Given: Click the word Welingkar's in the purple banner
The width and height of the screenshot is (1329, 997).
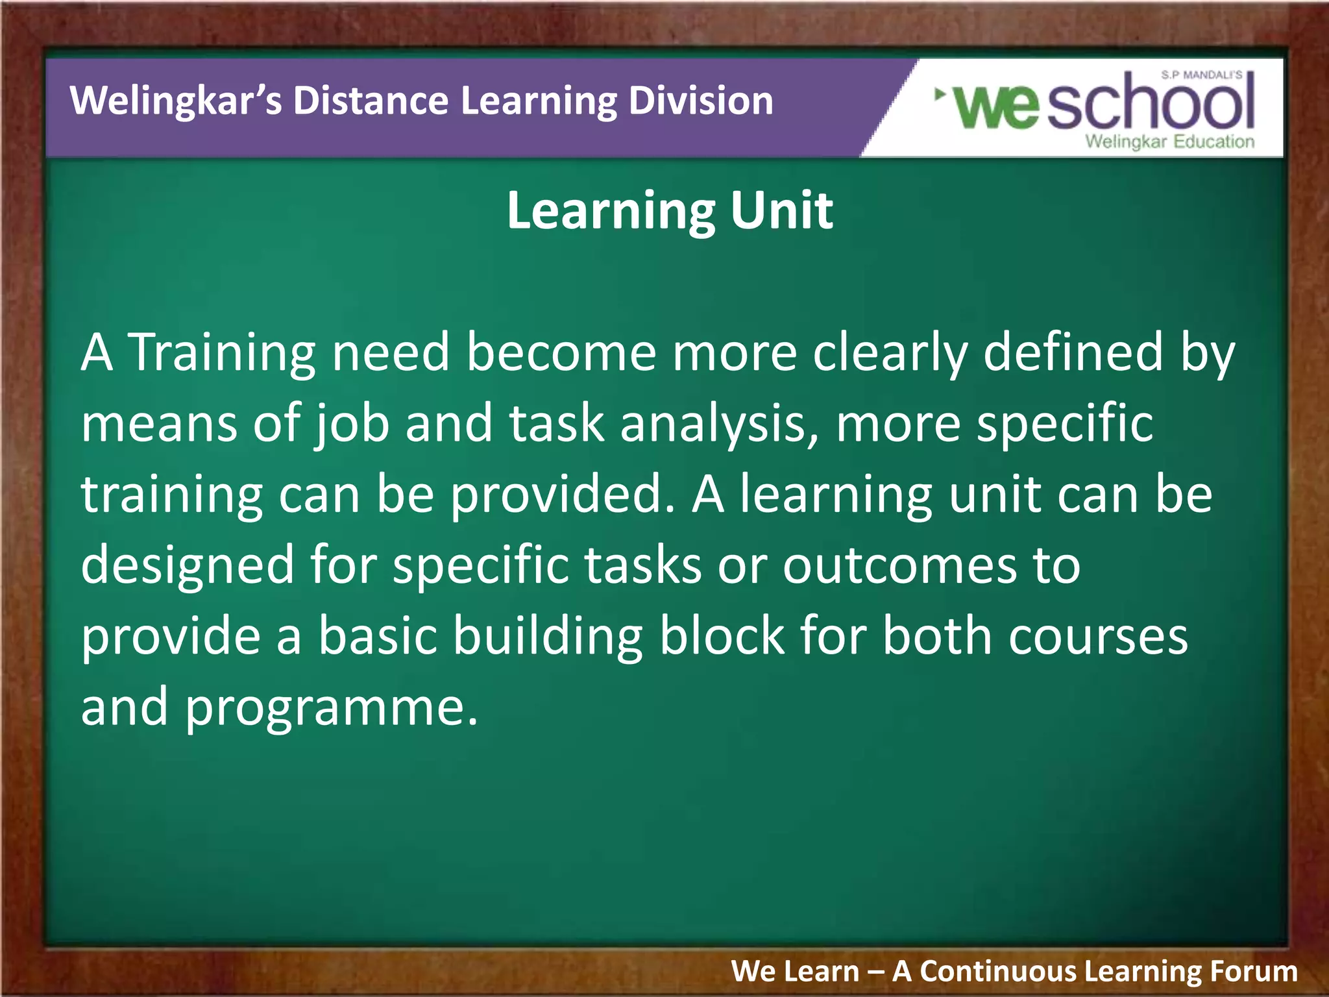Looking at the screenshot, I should click(175, 101).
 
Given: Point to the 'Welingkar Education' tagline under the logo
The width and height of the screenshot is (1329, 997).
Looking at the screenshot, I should click(1169, 142).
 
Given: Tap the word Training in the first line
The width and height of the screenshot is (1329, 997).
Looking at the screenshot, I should click(223, 352).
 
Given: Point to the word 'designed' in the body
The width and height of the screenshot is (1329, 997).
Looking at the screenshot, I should click(188, 565).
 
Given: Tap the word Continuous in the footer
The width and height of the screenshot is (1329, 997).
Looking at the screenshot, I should click(997, 972).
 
